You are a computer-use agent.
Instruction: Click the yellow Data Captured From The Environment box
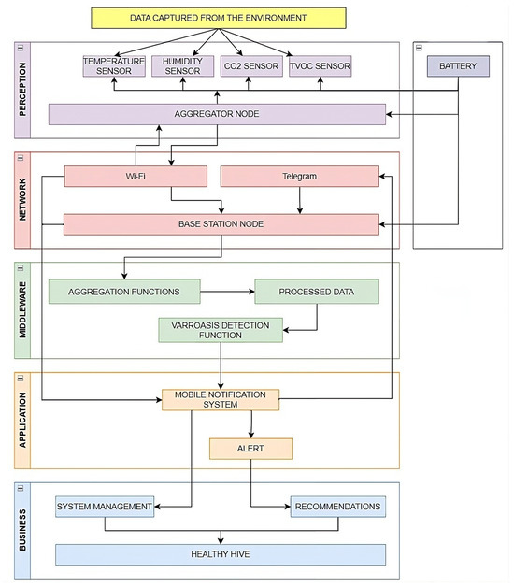point(219,18)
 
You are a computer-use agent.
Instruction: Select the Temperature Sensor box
point(114,66)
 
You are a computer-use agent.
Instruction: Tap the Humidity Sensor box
point(182,66)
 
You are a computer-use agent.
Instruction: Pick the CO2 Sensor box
point(251,66)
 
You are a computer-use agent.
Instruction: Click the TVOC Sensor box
point(320,66)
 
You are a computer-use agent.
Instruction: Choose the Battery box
point(458,66)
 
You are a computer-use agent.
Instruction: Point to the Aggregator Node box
point(217,114)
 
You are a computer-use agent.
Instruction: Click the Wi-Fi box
point(136,177)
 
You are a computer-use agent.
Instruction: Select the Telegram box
point(299,177)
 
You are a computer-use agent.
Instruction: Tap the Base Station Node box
point(221,224)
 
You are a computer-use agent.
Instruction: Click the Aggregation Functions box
point(124,292)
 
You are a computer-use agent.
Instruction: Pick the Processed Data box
point(317,292)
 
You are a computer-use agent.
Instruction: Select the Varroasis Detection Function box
point(221,330)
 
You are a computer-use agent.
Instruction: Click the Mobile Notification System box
point(221,400)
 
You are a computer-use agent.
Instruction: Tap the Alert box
point(250,449)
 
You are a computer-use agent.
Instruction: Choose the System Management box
point(105,507)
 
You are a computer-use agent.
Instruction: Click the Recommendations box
point(338,507)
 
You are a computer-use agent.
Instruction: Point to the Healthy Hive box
point(221,555)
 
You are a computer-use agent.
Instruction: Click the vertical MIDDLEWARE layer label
point(22,310)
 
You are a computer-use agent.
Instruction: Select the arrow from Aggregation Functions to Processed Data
point(228,292)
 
